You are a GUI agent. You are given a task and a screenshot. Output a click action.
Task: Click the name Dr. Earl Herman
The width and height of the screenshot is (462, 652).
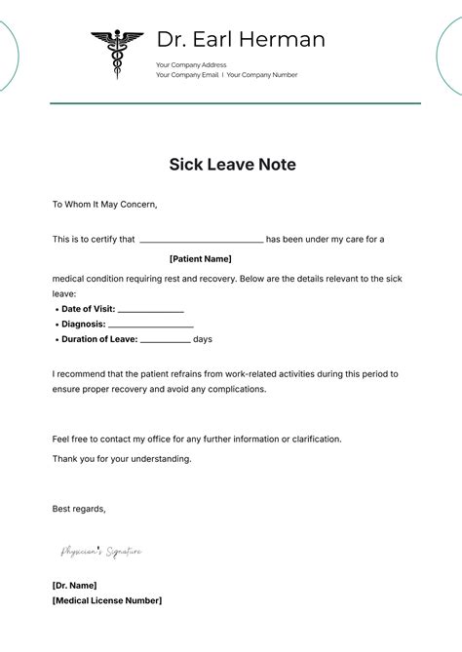click(241, 40)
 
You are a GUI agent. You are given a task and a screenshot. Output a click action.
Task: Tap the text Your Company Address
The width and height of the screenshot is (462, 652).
click(191, 65)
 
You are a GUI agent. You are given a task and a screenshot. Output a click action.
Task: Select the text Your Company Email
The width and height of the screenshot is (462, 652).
click(187, 75)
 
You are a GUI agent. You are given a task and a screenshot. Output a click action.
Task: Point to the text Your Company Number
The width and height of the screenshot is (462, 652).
click(262, 75)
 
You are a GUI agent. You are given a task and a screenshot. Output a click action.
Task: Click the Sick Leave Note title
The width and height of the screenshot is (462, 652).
click(232, 165)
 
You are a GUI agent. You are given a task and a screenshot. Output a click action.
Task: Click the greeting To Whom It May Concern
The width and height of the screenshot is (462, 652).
click(104, 205)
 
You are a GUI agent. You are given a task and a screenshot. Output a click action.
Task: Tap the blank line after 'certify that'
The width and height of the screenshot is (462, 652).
click(202, 240)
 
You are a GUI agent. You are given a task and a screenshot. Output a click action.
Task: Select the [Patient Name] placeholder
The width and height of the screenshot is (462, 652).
click(201, 259)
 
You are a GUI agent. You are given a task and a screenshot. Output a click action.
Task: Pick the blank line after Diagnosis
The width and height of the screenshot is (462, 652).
click(151, 325)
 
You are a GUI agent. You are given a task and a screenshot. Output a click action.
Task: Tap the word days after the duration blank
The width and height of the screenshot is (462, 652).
click(203, 339)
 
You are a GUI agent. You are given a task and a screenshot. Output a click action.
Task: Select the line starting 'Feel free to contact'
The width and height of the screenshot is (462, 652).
click(197, 439)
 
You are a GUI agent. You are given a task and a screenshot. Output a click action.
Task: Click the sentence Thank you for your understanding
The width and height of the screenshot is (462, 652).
click(122, 458)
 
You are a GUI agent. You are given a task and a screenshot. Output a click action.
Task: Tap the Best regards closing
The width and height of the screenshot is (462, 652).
click(79, 508)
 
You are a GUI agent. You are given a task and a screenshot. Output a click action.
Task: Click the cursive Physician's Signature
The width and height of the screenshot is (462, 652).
click(101, 552)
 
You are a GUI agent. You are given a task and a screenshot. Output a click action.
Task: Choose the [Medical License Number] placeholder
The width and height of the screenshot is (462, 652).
click(107, 600)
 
